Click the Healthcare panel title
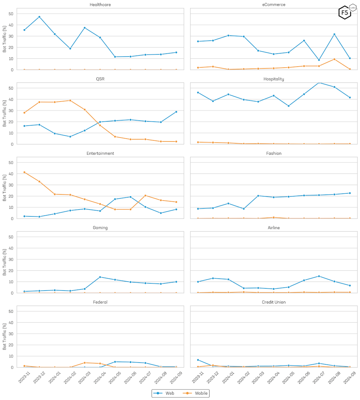[100, 5]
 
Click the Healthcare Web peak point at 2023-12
[39, 17]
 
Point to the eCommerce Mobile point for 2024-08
[334, 59]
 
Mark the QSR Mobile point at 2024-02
[70, 100]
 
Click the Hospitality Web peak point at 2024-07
[319, 82]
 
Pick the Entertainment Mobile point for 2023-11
[24, 172]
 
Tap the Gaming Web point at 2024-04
[100, 277]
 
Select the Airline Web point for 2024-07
[319, 276]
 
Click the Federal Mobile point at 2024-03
[85, 363]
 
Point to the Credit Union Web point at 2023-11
[198, 360]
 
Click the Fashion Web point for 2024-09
[350, 193]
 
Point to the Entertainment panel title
[100, 153]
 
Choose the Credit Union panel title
[274, 302]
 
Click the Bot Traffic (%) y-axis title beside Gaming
[5, 262]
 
